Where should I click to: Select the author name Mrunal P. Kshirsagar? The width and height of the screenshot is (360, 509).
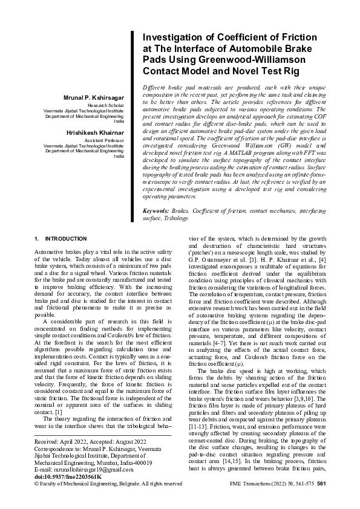93,98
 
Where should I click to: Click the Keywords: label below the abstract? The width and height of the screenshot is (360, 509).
155,211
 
